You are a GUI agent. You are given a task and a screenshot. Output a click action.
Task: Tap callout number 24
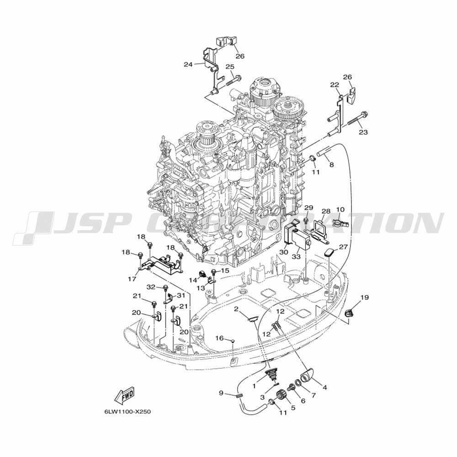point(188,64)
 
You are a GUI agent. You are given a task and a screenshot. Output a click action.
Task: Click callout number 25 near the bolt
point(230,67)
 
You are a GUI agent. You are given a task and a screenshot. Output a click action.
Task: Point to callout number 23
point(363,133)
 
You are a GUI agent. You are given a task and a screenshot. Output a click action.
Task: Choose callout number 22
point(335,85)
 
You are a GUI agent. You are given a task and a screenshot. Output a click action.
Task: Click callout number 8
point(331,165)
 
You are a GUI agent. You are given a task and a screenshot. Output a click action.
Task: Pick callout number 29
point(308,207)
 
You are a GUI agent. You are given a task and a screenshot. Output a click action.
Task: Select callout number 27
point(343,247)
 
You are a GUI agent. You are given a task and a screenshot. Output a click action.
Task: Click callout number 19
point(364,298)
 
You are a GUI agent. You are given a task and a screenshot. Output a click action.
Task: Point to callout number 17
point(132,279)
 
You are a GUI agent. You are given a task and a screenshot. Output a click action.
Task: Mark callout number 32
point(151,287)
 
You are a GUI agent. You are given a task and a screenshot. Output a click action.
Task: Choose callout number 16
point(220,338)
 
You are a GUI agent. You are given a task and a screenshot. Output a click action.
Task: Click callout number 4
point(324,388)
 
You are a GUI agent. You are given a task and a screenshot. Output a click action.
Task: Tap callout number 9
point(221,393)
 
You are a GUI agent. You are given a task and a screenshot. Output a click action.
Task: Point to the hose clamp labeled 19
point(349,314)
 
